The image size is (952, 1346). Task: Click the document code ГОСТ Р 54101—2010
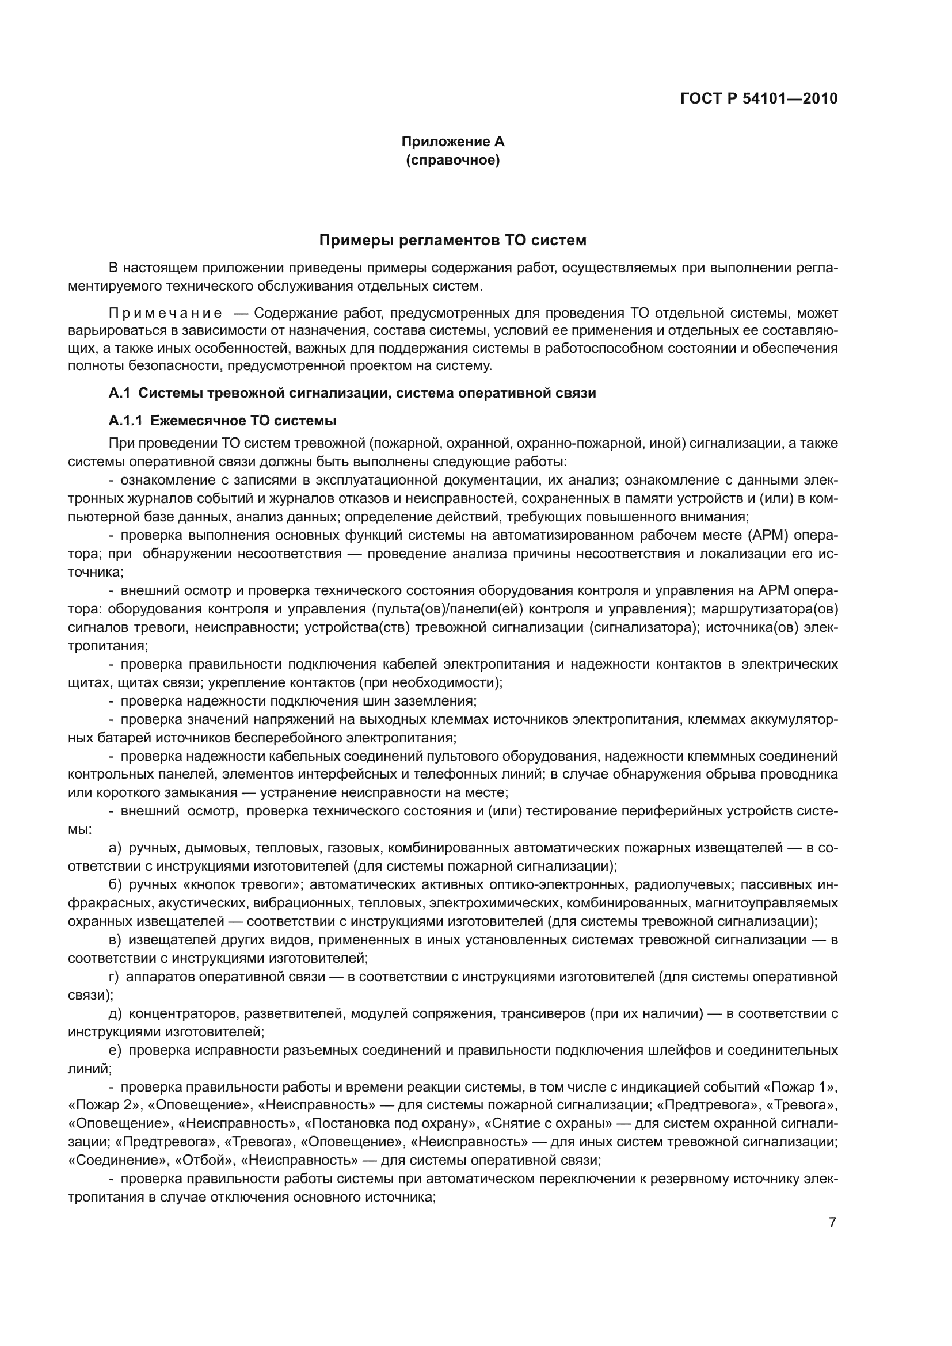(759, 98)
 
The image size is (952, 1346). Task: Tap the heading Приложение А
(452, 142)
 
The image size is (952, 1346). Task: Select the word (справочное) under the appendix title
(452, 160)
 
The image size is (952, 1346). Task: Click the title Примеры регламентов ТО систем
(452, 241)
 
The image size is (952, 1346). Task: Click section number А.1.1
(125, 420)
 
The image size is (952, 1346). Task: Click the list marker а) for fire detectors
(115, 848)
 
